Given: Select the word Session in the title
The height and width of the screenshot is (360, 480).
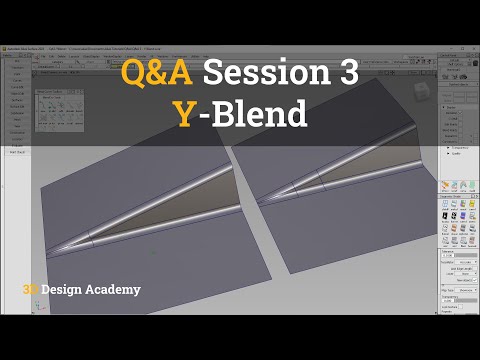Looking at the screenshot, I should (x=262, y=75).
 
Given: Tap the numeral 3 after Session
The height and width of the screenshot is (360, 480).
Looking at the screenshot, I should (x=345, y=75).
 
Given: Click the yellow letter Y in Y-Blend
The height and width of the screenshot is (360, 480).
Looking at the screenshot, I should (x=183, y=115).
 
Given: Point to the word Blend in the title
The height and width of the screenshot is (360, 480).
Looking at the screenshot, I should (x=260, y=115).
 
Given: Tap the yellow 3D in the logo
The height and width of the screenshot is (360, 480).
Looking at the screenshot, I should (x=29, y=290).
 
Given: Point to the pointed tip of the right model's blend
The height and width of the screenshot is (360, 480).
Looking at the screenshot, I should (x=262, y=201).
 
